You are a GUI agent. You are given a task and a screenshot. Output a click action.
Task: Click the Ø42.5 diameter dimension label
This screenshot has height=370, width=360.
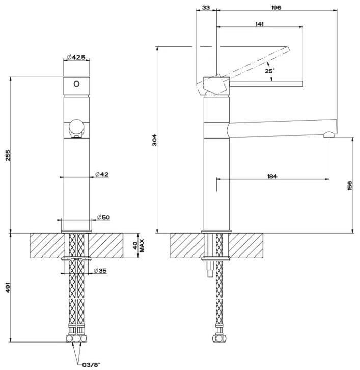click(76, 57)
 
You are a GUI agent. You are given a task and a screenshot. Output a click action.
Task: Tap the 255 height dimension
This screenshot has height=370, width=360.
click(8, 155)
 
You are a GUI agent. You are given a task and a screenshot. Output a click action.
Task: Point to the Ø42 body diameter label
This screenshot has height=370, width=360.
click(102, 175)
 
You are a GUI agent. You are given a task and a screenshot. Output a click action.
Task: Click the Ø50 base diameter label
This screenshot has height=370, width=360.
click(103, 217)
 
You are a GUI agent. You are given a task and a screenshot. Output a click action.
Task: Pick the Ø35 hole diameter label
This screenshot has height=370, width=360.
click(100, 271)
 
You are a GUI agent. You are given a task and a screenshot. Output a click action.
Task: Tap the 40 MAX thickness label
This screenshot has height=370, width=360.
click(139, 246)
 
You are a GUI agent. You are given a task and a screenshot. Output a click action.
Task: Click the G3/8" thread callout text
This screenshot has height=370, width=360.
click(91, 365)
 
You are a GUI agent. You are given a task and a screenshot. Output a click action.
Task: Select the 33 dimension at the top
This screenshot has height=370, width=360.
click(206, 8)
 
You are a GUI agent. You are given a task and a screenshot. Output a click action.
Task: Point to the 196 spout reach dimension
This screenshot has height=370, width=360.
click(276, 8)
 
